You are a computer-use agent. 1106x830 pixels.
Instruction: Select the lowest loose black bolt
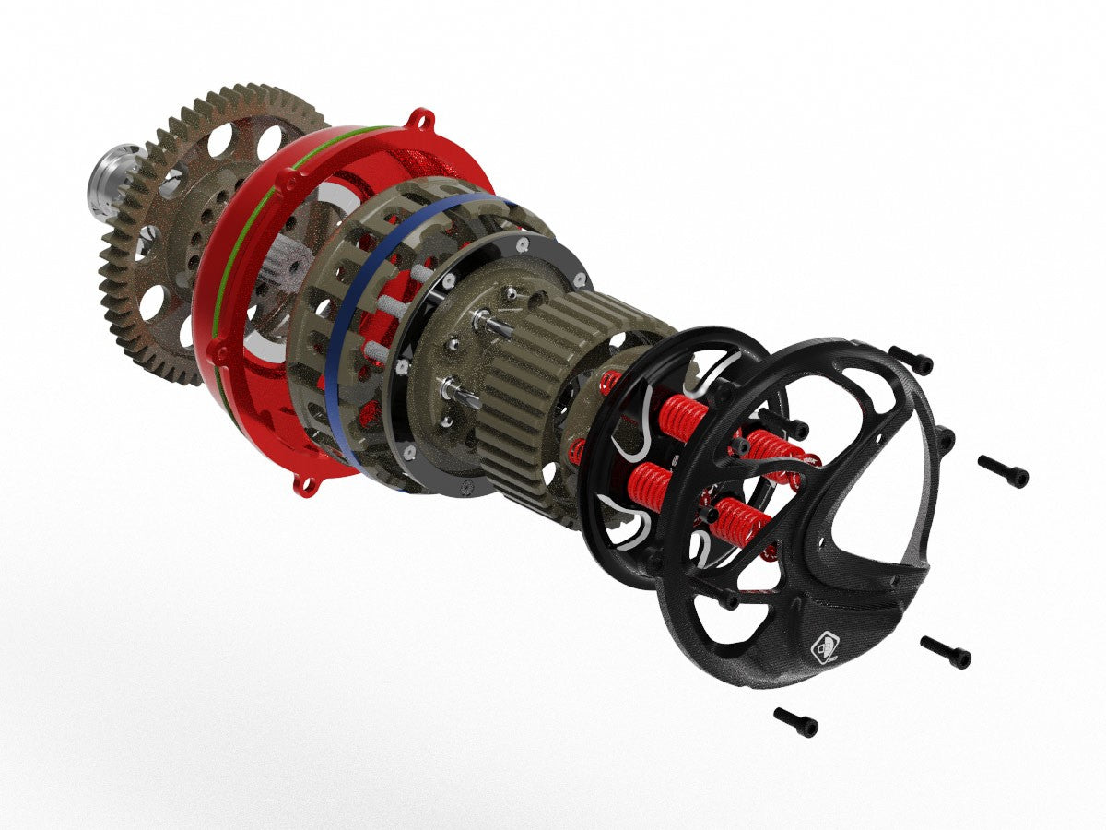coord(796,721)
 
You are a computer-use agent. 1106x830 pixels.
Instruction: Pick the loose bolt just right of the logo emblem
coord(946,652)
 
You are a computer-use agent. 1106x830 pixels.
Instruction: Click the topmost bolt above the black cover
coord(912,360)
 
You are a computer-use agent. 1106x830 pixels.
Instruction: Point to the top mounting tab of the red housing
coord(422,120)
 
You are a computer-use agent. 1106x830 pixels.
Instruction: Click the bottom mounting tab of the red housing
coord(302,483)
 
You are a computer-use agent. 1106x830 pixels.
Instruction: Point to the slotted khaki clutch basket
coord(323,304)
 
